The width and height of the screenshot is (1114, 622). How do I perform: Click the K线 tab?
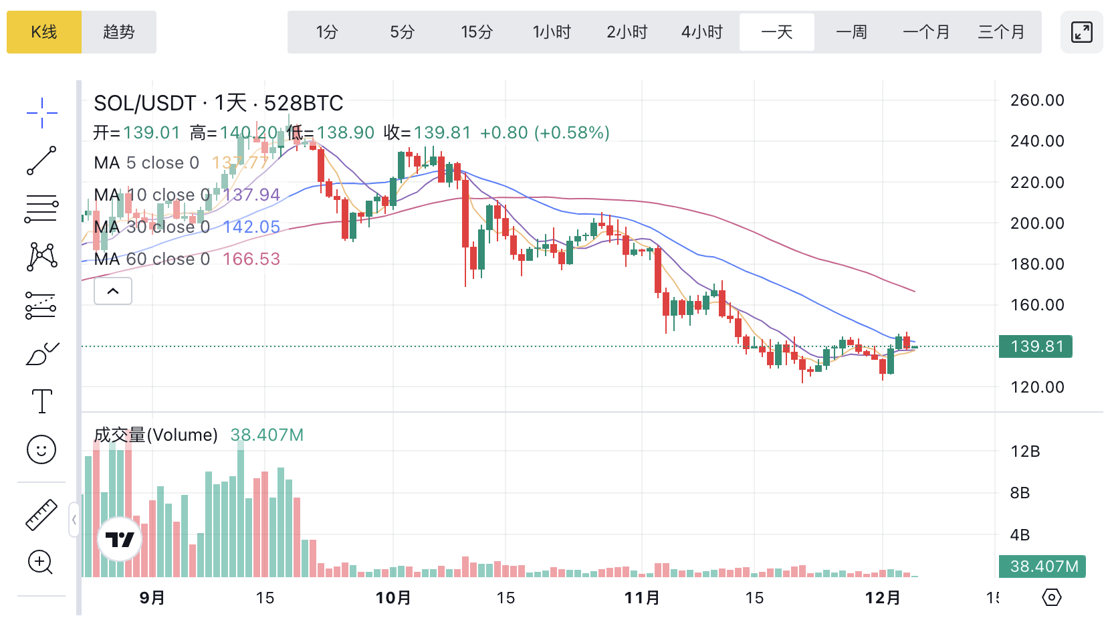coord(44,32)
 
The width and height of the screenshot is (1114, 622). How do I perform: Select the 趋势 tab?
coord(119,32)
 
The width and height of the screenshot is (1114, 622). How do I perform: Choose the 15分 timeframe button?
coord(477,32)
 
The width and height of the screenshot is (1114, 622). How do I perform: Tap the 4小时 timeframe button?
coord(701,32)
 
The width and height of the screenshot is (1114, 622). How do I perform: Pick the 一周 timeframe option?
coord(851,32)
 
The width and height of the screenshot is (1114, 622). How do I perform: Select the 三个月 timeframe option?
coord(1001,32)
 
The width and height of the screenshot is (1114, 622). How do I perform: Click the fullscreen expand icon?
coord(1081,32)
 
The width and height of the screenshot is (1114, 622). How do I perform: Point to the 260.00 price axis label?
coord(1037,100)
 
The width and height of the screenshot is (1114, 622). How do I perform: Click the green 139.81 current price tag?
coord(1036,346)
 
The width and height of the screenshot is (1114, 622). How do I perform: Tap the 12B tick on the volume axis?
coord(1025,451)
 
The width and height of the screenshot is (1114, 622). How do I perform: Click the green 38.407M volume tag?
coord(1042,566)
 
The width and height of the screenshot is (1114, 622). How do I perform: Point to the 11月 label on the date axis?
coord(642,597)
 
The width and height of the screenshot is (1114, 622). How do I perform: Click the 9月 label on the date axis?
coord(152,597)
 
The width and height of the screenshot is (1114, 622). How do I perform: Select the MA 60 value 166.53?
coord(251,259)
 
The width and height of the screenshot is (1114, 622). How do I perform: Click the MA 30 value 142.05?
coord(251,227)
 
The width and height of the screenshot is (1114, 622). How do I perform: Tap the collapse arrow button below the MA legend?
coord(113,291)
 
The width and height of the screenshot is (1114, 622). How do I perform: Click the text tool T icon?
coord(41,401)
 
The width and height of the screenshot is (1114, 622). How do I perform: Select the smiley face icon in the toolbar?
coord(41,449)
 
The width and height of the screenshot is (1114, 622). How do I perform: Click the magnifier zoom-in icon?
coord(40,562)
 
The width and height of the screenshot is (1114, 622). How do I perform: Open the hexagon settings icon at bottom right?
coord(1052,597)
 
